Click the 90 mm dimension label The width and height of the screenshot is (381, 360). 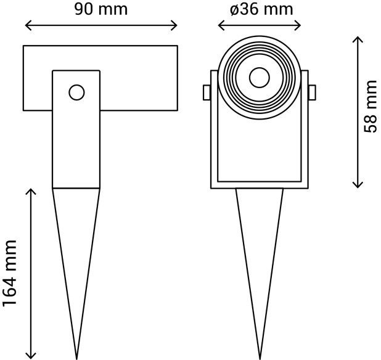(100, 9)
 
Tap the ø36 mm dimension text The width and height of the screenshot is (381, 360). (261, 9)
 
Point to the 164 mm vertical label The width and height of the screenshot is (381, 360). (9, 273)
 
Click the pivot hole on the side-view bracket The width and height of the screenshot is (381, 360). (76, 92)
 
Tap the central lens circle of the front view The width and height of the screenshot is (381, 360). (258, 78)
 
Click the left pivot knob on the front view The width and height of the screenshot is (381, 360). (207, 92)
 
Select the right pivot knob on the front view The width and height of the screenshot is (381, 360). (312, 92)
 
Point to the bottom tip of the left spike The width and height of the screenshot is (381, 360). (76, 357)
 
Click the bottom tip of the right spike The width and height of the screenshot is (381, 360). (259, 357)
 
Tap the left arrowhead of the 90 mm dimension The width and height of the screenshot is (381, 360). (27, 26)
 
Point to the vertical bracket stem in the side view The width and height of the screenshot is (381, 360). (76, 142)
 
